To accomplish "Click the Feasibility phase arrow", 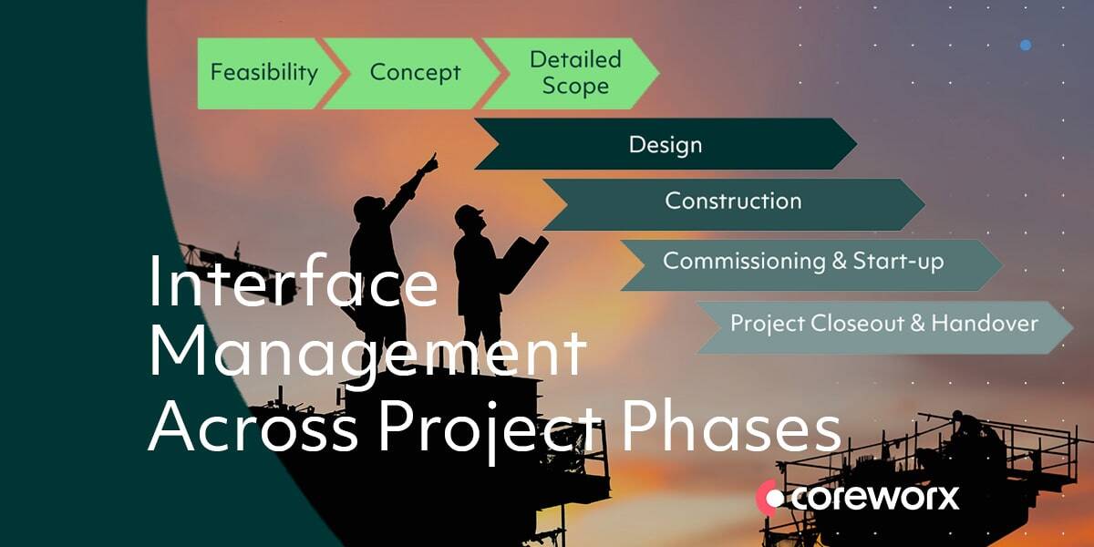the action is (x=266, y=73).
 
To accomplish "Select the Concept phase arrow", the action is (x=413, y=73).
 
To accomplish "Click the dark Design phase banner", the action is (x=666, y=144).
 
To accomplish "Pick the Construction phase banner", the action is (x=734, y=204).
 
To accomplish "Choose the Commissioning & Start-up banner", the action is (x=811, y=265).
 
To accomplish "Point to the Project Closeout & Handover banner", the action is (x=885, y=327).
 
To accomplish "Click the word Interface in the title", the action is (x=293, y=281).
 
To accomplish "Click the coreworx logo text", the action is (x=875, y=498).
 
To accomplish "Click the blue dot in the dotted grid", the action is (x=1026, y=46).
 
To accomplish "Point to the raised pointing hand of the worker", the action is (x=429, y=163).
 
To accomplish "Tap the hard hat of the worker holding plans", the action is (x=469, y=213).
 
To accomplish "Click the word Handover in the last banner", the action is (x=985, y=324).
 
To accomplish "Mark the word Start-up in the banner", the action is (x=899, y=262).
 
